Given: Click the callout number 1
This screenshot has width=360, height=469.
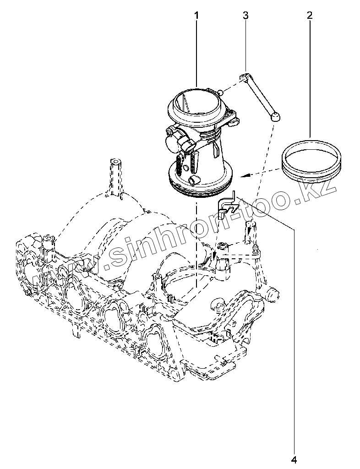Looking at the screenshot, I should [x=196, y=16].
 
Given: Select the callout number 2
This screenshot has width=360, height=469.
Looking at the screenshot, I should [x=310, y=16].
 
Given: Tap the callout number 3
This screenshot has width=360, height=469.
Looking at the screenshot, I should [x=245, y=16].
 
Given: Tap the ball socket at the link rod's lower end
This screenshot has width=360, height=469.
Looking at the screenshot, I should [x=276, y=117].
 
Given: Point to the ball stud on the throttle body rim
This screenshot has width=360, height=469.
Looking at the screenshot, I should [x=221, y=93].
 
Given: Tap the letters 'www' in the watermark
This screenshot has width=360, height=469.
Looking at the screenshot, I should [x=50, y=275].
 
